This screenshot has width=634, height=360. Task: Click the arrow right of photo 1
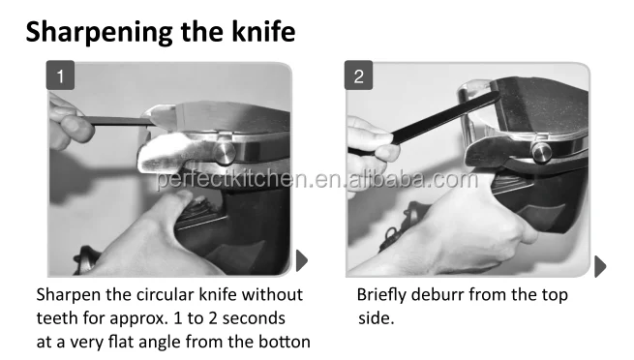301,259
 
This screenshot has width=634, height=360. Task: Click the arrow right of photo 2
600,266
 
